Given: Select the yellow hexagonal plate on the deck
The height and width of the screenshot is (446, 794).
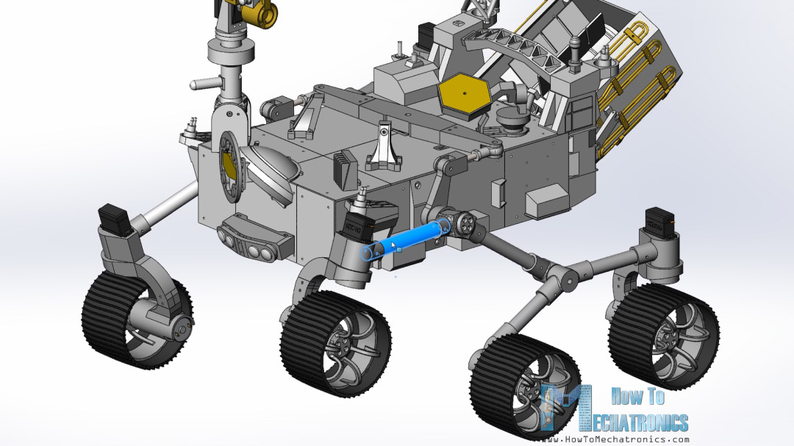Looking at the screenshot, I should click(464, 95).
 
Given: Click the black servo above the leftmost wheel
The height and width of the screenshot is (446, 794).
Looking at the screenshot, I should click(114, 217).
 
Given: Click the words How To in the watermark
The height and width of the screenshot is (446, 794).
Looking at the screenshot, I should click(637, 397).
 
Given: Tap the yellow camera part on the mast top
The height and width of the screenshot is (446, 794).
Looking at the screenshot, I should click(262, 12).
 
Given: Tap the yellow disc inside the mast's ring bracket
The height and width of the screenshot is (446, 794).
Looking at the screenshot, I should click(229, 165).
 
